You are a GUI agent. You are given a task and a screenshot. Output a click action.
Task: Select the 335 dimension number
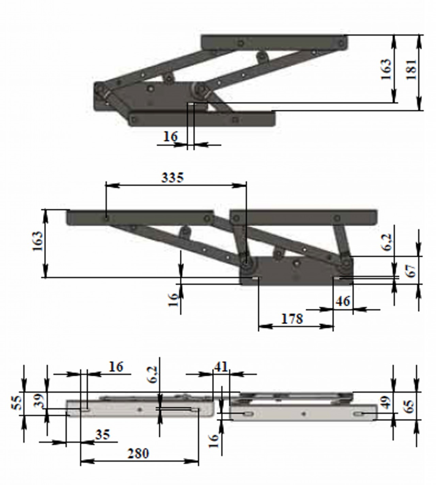[x=173, y=178]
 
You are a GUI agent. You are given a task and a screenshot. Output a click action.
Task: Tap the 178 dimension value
[x=292, y=319]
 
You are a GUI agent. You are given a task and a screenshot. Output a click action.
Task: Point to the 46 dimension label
[x=343, y=301]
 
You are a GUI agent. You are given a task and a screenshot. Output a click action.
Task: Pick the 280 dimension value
[x=138, y=453]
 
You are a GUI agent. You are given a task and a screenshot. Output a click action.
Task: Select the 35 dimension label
[x=103, y=435]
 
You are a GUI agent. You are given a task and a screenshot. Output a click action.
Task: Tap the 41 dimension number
[x=221, y=367]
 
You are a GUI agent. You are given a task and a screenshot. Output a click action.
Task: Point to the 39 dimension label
[x=38, y=401]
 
